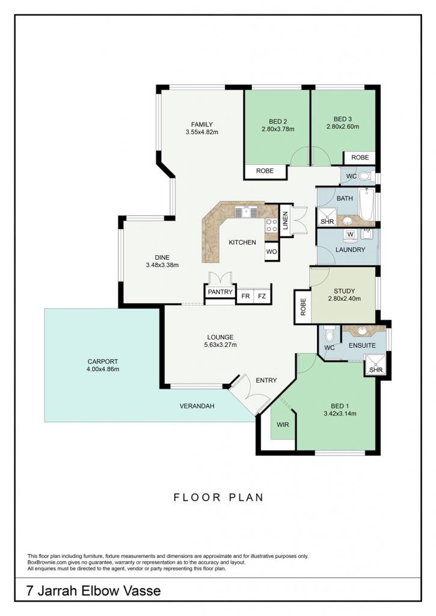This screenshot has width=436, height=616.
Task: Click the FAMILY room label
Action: (202, 125)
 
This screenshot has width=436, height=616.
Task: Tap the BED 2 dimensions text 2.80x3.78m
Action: (278, 129)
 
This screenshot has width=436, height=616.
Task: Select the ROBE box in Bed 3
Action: (360, 158)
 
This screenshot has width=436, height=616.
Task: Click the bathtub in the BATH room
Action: (367, 204)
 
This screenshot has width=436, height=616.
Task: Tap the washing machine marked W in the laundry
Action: (351, 235)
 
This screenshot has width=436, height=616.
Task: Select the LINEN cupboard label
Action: (285, 220)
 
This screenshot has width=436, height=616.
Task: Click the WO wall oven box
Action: (271, 251)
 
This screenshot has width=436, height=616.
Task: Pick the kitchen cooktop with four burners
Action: (271, 226)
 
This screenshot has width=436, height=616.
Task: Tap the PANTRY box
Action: (220, 292)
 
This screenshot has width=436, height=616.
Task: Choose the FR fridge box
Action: (245, 296)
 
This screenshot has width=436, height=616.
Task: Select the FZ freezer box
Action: (262, 296)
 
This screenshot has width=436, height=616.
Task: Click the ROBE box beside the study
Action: (303, 307)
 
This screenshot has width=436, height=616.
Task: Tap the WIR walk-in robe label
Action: (283, 425)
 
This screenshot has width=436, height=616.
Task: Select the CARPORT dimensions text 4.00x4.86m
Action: (103, 369)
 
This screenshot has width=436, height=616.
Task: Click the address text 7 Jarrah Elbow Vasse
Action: (93, 591)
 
